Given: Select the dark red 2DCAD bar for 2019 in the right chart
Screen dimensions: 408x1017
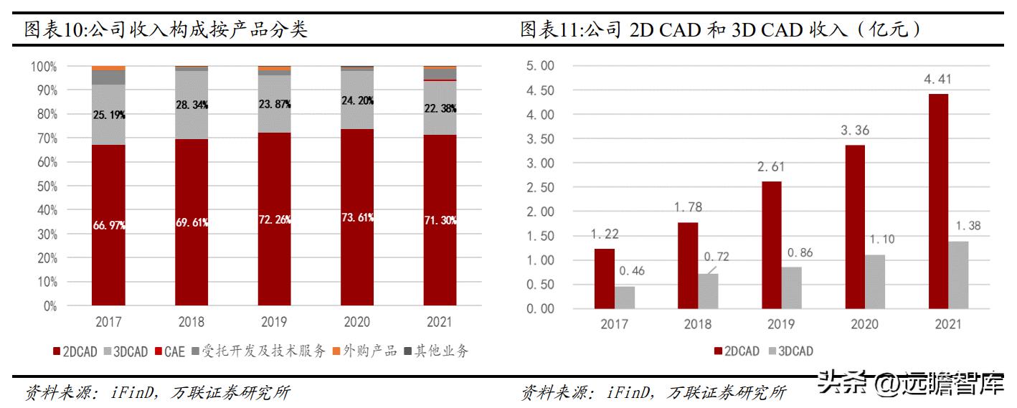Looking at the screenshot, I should point(772,245).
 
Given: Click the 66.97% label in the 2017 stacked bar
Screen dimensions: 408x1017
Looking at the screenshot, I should point(108,225).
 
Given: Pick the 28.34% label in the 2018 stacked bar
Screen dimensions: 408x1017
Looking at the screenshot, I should point(191,105).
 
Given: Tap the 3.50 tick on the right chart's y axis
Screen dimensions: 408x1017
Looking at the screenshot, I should point(540,138).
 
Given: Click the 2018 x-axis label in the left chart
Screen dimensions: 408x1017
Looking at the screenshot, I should point(191,322).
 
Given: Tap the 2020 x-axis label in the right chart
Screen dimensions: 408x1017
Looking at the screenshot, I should point(864,324).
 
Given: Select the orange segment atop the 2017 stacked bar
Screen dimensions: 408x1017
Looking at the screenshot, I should point(108,68).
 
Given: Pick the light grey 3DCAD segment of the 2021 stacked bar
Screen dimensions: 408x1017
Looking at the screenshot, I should point(440,108).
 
